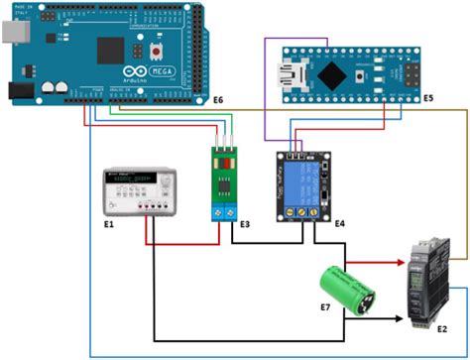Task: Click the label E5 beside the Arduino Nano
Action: coord(428,98)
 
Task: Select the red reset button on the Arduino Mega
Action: coord(157,49)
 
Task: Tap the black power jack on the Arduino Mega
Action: coord(17,90)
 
